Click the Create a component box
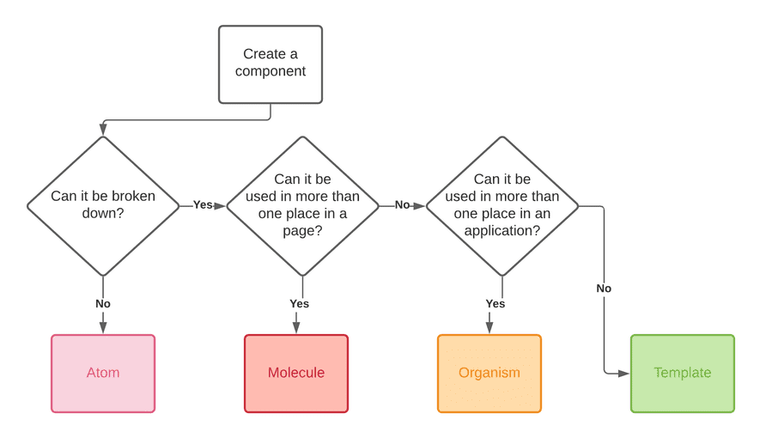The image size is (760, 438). [271, 64]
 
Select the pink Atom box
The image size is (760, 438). [103, 374]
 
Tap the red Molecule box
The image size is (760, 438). [296, 374]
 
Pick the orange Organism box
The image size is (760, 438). [489, 374]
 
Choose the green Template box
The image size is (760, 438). [683, 374]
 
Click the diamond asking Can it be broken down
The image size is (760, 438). [103, 206]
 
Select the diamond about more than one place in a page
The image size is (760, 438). [302, 206]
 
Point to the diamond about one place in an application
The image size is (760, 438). [502, 206]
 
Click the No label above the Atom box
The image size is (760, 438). [103, 303]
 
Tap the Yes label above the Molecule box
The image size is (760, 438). [299, 303]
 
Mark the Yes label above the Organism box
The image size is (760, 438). [496, 303]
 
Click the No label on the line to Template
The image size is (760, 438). [604, 289]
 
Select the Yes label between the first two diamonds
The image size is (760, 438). [203, 205]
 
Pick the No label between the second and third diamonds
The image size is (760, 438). [402, 205]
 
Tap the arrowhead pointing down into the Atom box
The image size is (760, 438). [103, 327]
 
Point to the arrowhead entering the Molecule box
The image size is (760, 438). [296, 327]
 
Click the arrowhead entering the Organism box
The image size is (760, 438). [489, 327]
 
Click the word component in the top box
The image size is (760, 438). [271, 72]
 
